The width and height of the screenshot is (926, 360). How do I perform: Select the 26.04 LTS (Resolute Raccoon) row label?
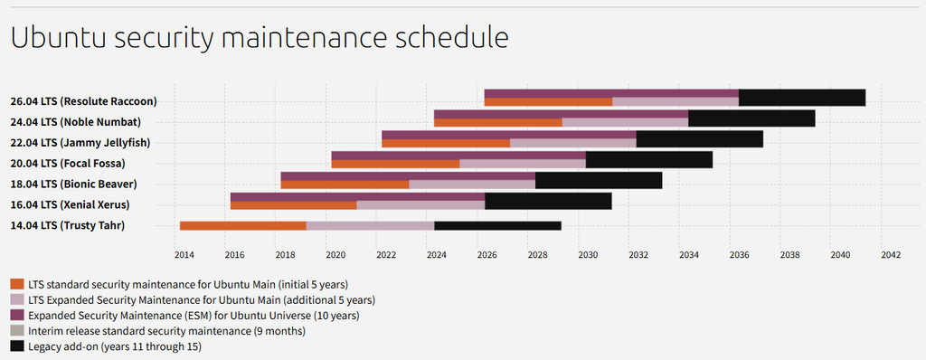click(x=84, y=101)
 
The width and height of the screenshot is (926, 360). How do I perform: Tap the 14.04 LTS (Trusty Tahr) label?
click(x=68, y=225)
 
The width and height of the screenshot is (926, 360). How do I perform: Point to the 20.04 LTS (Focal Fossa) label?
click(x=68, y=163)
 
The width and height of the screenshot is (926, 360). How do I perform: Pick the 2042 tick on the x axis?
click(x=890, y=255)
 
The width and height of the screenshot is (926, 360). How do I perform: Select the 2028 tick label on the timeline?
click(x=537, y=255)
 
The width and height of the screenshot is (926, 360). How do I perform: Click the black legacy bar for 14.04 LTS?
click(x=498, y=226)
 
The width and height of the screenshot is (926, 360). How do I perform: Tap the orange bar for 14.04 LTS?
click(x=243, y=226)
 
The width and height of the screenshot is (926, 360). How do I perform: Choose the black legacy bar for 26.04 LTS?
click(x=802, y=98)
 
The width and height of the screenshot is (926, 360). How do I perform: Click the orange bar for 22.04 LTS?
click(x=446, y=143)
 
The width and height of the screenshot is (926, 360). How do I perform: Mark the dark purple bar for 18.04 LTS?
click(x=408, y=176)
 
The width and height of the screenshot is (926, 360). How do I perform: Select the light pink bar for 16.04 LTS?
click(x=420, y=205)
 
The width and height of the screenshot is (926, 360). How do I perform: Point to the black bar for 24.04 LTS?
click(x=751, y=118)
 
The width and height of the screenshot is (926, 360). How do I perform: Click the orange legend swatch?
click(x=17, y=284)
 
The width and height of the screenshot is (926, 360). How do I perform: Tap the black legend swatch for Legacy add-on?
click(x=17, y=346)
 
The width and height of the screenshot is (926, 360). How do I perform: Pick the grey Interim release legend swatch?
click(x=17, y=331)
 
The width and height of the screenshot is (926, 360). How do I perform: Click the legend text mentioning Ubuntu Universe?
click(x=194, y=315)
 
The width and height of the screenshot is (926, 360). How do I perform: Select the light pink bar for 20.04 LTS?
click(x=523, y=164)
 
